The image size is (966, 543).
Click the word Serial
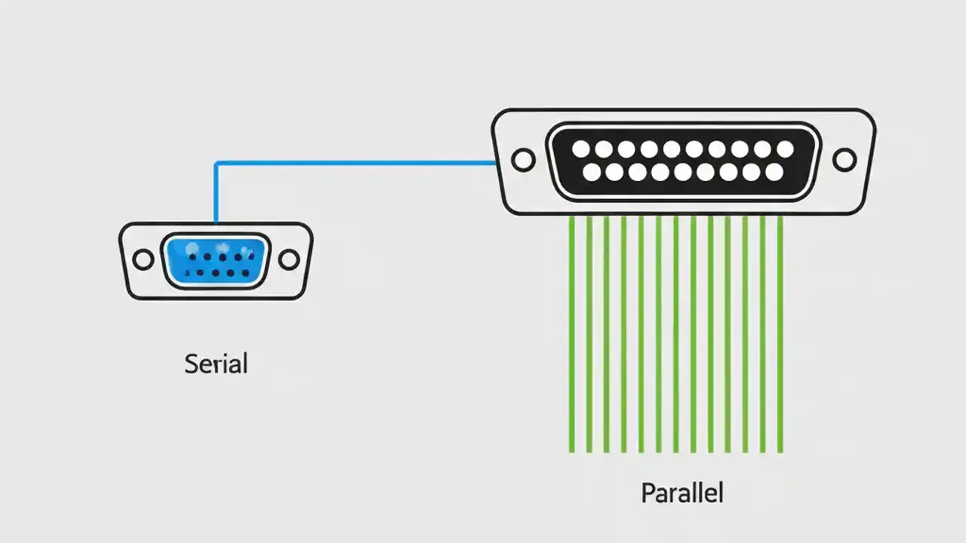[x=216, y=364]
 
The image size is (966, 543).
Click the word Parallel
[x=681, y=493]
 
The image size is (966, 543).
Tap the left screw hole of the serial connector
[x=143, y=260]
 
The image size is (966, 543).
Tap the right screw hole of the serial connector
[x=289, y=260]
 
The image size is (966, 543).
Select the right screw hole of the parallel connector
[x=844, y=160]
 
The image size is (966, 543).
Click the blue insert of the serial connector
[x=216, y=260]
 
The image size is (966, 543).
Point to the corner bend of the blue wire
[x=217, y=163]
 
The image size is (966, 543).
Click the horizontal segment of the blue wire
[x=355, y=162]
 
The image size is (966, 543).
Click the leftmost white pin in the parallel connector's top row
[x=580, y=149]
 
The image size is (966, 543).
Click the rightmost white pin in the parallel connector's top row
[x=785, y=149]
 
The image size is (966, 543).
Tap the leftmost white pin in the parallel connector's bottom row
[x=592, y=173]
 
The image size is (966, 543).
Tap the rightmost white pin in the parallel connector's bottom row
[x=774, y=173]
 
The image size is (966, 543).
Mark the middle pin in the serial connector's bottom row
[x=216, y=273]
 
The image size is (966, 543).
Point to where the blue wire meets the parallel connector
[x=494, y=162]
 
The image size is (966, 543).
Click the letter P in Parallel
[x=648, y=493]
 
